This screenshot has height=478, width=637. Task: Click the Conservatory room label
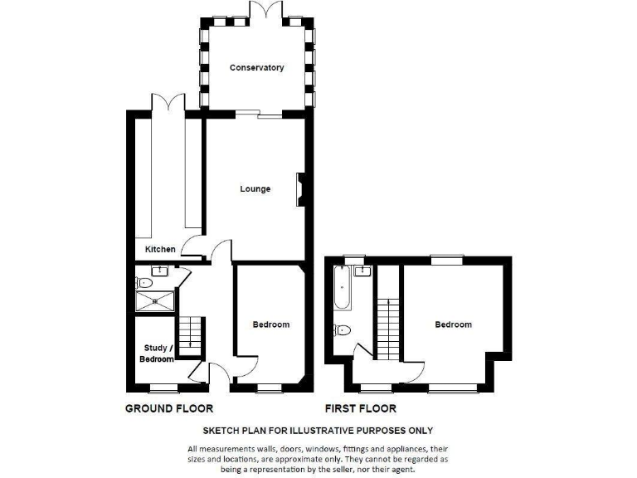257,68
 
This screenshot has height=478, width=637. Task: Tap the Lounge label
255,189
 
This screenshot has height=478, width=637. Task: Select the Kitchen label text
160,249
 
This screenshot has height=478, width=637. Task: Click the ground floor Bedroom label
271,324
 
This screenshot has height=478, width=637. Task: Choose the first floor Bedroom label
453,324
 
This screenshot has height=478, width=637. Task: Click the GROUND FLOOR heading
169,408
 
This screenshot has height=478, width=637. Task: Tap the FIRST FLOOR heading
360,408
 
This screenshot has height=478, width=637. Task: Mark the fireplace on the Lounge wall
300,188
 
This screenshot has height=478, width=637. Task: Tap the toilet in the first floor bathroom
343,330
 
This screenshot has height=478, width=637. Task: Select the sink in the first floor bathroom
362,271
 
